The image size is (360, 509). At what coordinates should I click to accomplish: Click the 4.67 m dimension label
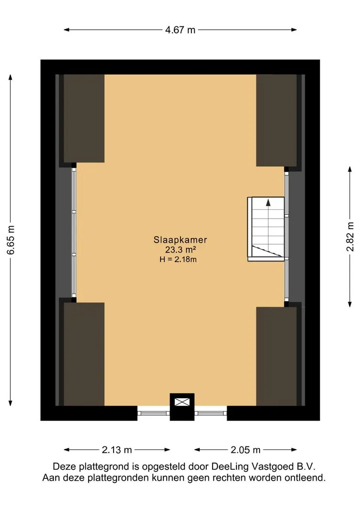coord(180,30)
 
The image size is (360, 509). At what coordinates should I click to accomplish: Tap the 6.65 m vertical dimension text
coord(11,240)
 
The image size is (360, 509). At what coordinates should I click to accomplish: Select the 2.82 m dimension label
coord(350,237)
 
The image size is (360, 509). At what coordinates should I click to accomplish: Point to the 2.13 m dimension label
coord(117,450)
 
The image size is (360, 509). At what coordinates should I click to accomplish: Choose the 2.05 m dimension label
coord(245,450)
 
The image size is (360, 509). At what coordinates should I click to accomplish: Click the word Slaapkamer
coord(180,240)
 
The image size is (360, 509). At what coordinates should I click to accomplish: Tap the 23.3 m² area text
coord(180,250)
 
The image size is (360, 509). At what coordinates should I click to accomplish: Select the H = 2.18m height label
coord(178,259)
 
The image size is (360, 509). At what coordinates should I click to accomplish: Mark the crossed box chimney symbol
coord(182,402)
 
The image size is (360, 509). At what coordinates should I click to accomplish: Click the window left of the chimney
coord(154,413)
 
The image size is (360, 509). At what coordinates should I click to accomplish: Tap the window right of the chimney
coord(211,413)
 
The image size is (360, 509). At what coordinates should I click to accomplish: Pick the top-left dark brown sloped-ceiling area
coord(84,118)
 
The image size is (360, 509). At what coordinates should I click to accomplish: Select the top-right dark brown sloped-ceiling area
coord(277,121)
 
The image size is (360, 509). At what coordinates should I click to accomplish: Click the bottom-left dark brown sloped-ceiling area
coord(84,354)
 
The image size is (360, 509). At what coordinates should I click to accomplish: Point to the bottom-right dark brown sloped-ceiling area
coord(277,356)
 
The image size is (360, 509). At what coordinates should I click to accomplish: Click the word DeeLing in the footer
coord(230,467)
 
